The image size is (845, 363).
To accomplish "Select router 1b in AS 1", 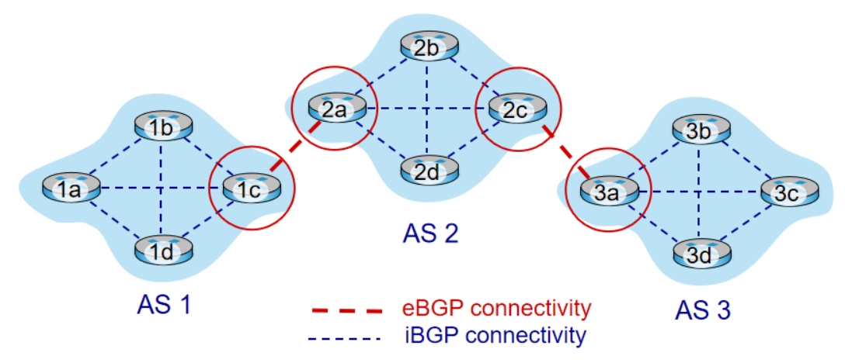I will (162, 127).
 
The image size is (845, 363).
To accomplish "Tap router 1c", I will (251, 187).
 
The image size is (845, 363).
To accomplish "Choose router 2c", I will (517, 109).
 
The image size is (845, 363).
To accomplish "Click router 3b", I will (700, 129).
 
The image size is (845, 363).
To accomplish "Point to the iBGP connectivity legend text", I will (496, 335).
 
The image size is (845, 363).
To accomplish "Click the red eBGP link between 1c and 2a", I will (289, 152).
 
